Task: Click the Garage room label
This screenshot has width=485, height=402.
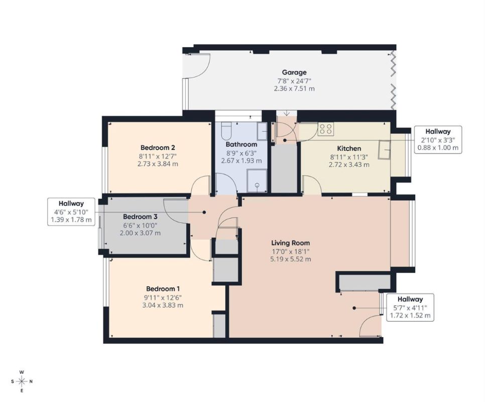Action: [294, 72]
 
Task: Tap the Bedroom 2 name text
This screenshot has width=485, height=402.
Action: [158, 148]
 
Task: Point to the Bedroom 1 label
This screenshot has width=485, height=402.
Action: [163, 289]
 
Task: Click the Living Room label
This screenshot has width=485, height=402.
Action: [290, 243]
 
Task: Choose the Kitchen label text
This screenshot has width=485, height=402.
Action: [349, 148]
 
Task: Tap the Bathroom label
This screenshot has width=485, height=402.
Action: [241, 144]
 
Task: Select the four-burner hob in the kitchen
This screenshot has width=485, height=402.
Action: [326, 129]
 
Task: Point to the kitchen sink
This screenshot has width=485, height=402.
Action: [385, 149]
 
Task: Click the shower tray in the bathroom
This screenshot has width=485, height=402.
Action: [257, 180]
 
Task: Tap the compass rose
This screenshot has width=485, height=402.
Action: [22, 381]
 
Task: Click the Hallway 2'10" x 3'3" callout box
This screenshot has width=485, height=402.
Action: [438, 140]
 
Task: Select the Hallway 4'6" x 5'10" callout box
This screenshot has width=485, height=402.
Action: [71, 212]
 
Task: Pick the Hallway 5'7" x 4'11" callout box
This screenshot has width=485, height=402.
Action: [410, 308]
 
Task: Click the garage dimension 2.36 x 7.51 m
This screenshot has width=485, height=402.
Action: [294, 89]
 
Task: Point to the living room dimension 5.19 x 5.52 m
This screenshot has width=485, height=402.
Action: [290, 259]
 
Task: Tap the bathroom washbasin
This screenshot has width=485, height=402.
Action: [262, 131]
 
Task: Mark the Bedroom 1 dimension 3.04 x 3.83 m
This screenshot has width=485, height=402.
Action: [163, 305]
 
